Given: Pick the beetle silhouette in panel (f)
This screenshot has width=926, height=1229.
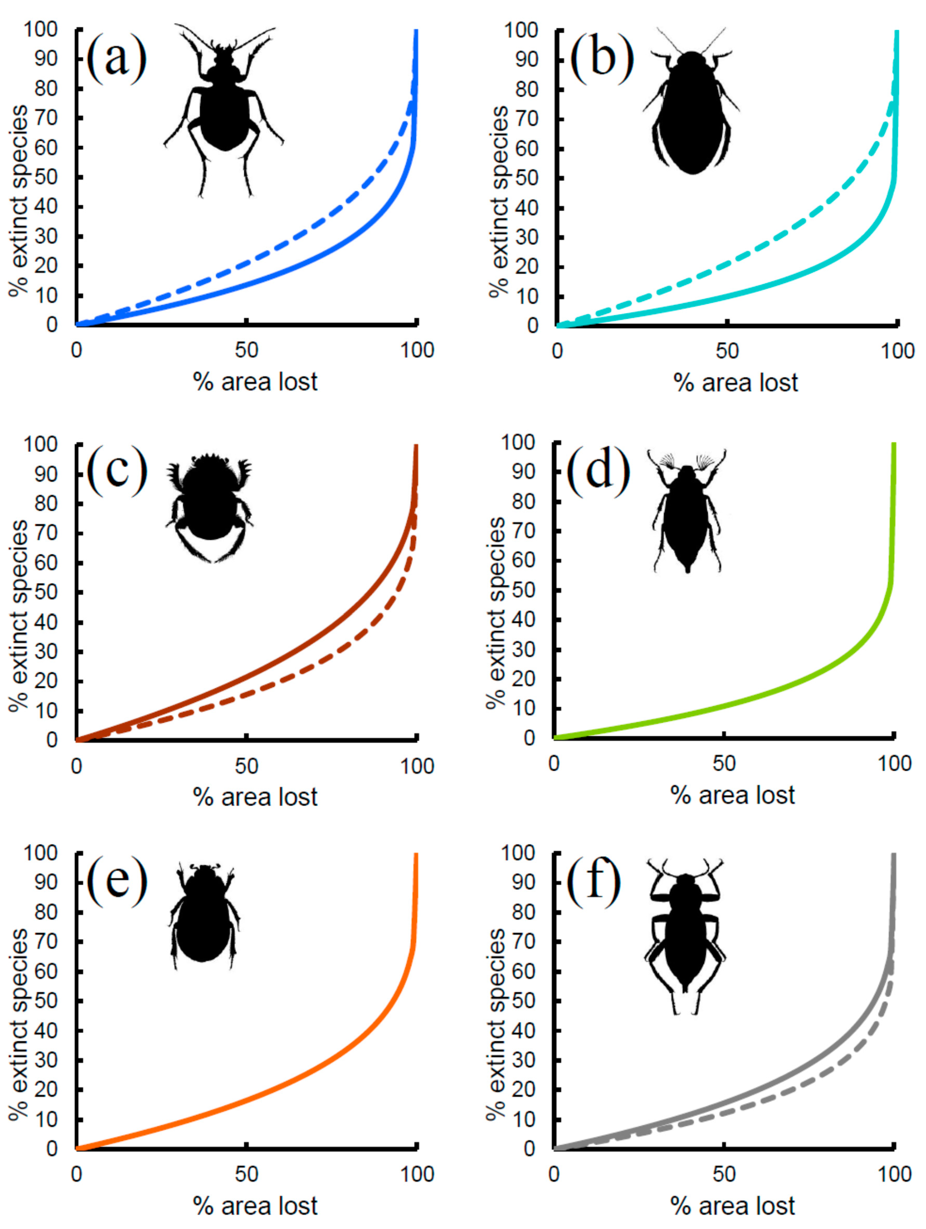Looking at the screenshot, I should coord(685,933).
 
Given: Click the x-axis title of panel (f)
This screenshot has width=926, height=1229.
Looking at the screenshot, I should coord(733,1206).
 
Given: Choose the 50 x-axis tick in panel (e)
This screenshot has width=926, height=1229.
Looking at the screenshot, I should coord(246,1174).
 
